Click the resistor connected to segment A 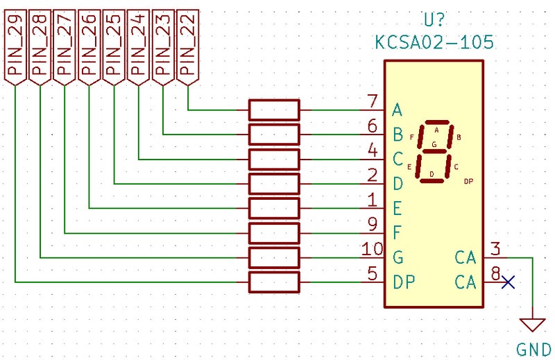pos(274,110)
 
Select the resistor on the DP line pos(274,282)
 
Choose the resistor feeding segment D pos(274,184)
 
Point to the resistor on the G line pos(274,257)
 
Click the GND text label pos(534,349)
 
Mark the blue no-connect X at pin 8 pos(508,282)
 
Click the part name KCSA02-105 pos(434,42)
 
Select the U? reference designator pos(434,19)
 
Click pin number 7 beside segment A pos(373,101)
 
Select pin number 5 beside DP pos(373,274)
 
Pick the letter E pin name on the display pos(398,208)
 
